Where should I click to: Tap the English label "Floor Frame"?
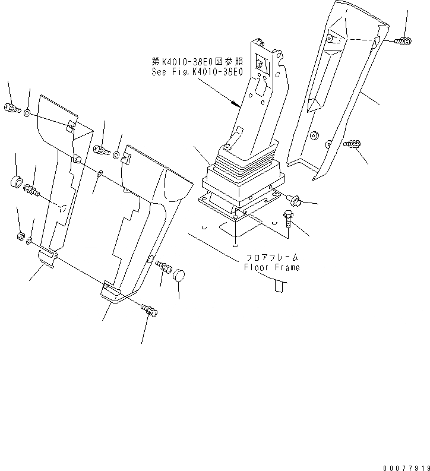(272, 267)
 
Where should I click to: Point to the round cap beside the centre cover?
(179, 275)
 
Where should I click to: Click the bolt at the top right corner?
(403, 40)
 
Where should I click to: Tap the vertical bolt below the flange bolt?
(289, 220)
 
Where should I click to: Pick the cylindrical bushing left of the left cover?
(16, 180)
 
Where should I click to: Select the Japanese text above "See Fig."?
(197, 61)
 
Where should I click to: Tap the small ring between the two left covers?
(99, 173)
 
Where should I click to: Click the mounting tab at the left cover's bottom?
(47, 257)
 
